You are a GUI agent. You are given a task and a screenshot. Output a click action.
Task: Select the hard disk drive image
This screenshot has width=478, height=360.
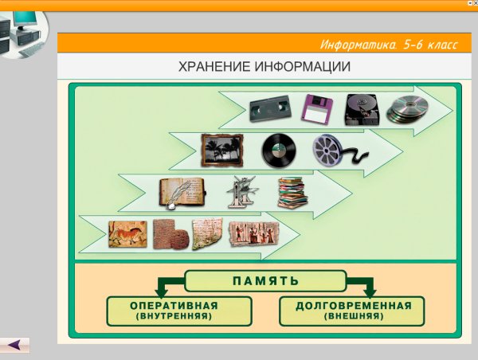coord(362,109)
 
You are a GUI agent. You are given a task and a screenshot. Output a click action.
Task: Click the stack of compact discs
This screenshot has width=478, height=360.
coord(408,110)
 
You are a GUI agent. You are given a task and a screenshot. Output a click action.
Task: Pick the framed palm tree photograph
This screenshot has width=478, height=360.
coord(217,149)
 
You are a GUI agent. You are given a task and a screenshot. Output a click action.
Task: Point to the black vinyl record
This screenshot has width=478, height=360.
coord(278,149)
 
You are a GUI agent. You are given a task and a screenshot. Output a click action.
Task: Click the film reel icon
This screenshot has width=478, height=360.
coord(333,149)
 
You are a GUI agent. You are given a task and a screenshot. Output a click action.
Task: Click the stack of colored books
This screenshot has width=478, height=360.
coord(292,193)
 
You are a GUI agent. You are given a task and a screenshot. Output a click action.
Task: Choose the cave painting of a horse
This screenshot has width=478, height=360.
coord(127,234)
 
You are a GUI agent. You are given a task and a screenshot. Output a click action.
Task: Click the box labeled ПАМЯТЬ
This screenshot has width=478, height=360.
coord(265,281)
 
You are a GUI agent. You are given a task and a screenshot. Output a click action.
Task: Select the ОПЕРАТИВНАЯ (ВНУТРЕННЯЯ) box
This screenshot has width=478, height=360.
coord(179,311)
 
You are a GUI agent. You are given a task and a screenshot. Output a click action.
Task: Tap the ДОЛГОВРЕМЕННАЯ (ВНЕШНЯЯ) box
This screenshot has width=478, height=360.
coord(354,311)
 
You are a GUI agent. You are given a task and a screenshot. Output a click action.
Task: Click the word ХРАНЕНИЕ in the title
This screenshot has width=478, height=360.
coord(219,67)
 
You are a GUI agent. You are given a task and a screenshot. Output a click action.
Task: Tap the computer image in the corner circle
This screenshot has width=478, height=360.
coord(19,32)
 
